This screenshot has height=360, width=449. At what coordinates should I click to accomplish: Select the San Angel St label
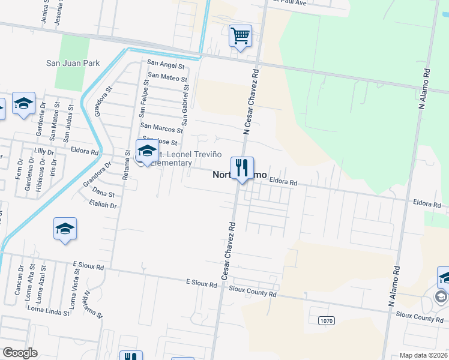(x=162, y=63)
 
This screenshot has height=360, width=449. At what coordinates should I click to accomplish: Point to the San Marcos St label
(x=161, y=128)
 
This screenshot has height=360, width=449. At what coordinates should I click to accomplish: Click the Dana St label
(x=103, y=193)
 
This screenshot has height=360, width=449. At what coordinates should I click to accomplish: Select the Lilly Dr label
(x=44, y=151)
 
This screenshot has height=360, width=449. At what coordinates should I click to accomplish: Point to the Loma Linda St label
(x=49, y=308)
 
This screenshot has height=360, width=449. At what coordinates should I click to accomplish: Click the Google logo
(x=20, y=353)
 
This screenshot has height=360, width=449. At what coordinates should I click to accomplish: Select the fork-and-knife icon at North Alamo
(x=242, y=167)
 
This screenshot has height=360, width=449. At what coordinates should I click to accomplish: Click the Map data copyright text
(x=424, y=355)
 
